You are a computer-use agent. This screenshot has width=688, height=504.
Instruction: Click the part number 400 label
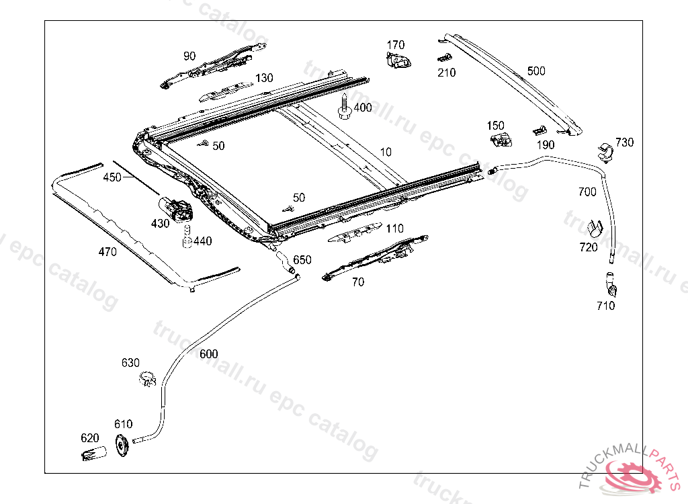coord(363,108)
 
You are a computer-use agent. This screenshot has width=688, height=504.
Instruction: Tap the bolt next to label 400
coord(344,108)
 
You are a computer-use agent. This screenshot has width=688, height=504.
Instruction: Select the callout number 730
coord(624,142)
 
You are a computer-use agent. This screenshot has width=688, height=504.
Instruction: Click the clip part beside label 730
coord(605,153)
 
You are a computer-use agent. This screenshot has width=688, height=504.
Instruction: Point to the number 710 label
coord(605,306)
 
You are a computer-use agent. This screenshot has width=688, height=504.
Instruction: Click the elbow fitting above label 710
coord(612,285)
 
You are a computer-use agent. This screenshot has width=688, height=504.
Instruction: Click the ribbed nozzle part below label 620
coord(92,453)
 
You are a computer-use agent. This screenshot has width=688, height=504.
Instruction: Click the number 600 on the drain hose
coord(208,354)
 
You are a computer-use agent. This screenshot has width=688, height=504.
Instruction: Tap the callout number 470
coord(107,252)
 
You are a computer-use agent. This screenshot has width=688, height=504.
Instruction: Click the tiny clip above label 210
coord(443,58)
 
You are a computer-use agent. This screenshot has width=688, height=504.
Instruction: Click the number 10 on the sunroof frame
coord(385,153)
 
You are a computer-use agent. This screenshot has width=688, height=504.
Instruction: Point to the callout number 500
coord(536,71)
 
